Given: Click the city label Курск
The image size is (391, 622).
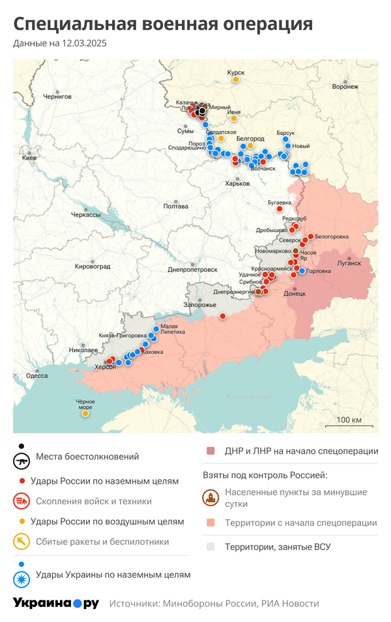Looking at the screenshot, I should tap(235, 72).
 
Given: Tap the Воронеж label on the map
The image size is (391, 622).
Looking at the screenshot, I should tap(345, 86).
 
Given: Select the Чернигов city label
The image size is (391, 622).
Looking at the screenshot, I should tap(57, 96).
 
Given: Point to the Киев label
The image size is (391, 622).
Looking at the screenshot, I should tap(29, 158).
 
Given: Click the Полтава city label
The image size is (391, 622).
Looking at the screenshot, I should tap(175, 206).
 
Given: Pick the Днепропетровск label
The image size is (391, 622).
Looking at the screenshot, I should tap(192, 269).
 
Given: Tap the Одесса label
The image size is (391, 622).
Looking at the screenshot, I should tap(36, 376).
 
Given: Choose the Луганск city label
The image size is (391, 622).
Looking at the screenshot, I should tap(349, 263).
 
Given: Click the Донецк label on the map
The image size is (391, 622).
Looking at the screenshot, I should tap(295, 293).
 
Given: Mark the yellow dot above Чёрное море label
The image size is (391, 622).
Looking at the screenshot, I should tap(85, 413).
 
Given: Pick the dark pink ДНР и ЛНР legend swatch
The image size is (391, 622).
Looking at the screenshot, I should tap(210, 451).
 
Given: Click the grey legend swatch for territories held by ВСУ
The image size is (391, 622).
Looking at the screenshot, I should tap(210, 546).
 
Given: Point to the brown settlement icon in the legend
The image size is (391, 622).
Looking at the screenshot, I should tap(210, 498).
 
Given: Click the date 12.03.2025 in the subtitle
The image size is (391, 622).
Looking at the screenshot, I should tap(84, 44).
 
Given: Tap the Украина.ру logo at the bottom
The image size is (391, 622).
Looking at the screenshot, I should tap(56, 603).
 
